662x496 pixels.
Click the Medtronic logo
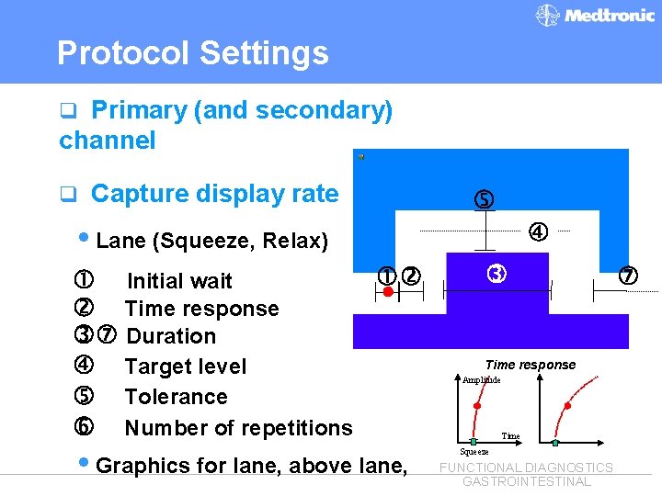click(x=596, y=16)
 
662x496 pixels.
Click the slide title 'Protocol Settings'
click(x=192, y=53)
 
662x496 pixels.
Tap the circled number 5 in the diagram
click(x=484, y=199)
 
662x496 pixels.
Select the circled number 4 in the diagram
click(x=538, y=232)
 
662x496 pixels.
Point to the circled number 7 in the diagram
click(x=628, y=276)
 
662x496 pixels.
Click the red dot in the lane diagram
click(x=389, y=292)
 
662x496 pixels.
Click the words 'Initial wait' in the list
click(x=179, y=281)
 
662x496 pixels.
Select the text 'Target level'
click(x=186, y=366)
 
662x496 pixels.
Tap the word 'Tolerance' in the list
click(x=176, y=397)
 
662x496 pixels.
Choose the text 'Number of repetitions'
click(x=238, y=428)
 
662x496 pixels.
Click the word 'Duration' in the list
click(x=171, y=336)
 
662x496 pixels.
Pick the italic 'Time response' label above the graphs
click(x=531, y=365)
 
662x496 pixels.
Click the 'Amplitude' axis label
click(x=481, y=379)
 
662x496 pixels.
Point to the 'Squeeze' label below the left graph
click(x=474, y=452)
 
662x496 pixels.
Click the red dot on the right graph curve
click(x=567, y=405)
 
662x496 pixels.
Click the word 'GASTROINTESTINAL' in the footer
click(x=526, y=481)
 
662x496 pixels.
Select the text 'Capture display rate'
click(x=214, y=194)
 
